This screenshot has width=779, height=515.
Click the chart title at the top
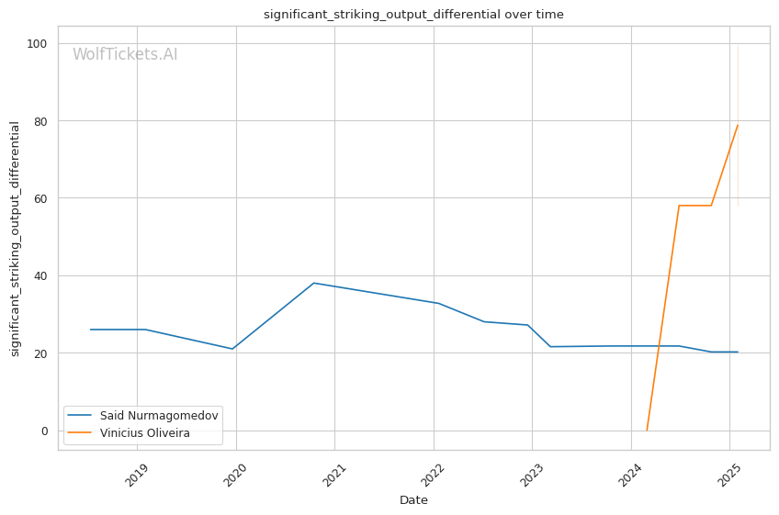(x=413, y=15)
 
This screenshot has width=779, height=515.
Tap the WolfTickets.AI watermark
(x=125, y=55)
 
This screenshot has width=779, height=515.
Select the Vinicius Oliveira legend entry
(x=144, y=433)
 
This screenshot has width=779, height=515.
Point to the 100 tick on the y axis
(x=40, y=43)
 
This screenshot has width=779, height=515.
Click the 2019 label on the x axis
(x=138, y=472)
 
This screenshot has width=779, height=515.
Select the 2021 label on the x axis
(x=335, y=472)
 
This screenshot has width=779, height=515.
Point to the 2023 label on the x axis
(x=533, y=472)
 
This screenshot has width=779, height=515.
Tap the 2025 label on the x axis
(x=730, y=472)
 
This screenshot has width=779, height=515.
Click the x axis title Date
(x=413, y=500)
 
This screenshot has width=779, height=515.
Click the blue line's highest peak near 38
(x=314, y=283)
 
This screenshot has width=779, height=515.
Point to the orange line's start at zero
(x=647, y=431)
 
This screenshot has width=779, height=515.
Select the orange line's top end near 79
(x=738, y=125)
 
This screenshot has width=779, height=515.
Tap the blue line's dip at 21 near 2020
(x=233, y=349)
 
